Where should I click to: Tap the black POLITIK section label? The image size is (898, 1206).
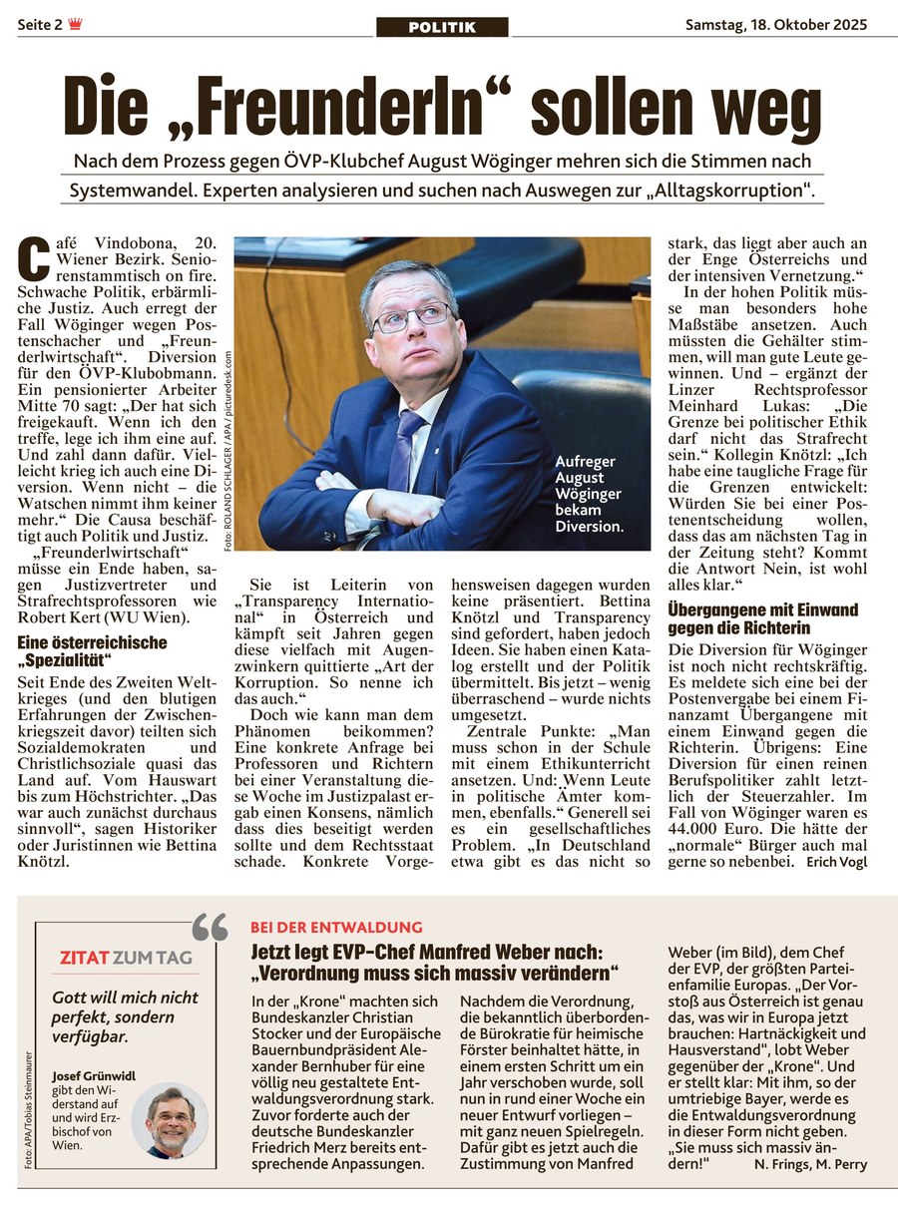point(442,27)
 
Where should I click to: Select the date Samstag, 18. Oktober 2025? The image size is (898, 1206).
point(775,25)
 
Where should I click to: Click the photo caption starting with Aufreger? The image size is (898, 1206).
point(589,494)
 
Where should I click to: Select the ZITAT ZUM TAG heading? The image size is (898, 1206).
point(126,959)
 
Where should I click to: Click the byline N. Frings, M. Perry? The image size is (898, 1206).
point(811,1164)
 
